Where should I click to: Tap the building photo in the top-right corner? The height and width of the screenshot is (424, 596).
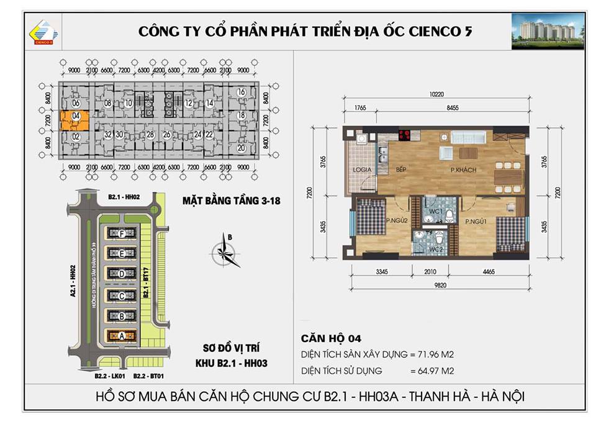click(547, 30)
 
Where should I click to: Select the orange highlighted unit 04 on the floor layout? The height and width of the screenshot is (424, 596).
click(74, 116)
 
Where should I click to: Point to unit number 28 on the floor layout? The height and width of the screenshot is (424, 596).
click(150, 134)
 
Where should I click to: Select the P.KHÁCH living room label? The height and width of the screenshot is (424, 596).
click(460, 169)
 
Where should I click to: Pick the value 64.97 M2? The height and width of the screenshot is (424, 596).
click(436, 371)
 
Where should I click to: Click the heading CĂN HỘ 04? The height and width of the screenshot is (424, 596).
click(330, 338)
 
